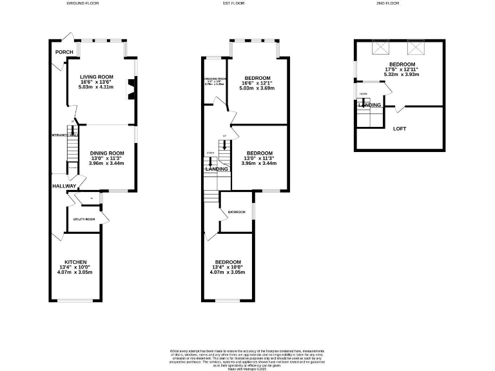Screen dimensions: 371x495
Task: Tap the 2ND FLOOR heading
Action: click(x=388, y=3)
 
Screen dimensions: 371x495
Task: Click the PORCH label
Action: click(x=64, y=53)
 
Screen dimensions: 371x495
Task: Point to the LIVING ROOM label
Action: click(x=97, y=77)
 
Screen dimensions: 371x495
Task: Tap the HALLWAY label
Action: click(x=65, y=186)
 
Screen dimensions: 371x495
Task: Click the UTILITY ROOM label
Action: click(x=84, y=220)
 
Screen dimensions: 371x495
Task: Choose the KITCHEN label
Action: click(x=75, y=262)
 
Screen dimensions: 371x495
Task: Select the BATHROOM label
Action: click(x=235, y=212)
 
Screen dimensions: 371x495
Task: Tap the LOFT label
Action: click(x=400, y=129)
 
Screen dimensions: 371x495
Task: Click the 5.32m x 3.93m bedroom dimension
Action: click(x=402, y=74)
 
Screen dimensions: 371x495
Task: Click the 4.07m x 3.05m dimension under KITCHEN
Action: click(x=75, y=272)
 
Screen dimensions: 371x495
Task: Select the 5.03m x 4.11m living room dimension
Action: click(x=97, y=88)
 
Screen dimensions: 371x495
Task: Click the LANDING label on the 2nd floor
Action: click(x=369, y=105)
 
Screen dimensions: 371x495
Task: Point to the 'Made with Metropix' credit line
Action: click(x=247, y=368)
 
